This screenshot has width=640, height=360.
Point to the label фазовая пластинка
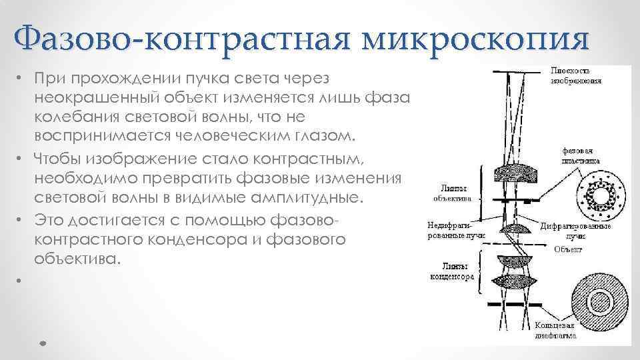[580, 155]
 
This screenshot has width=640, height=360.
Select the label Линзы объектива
[453, 193]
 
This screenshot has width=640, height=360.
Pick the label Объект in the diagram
[567, 251]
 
